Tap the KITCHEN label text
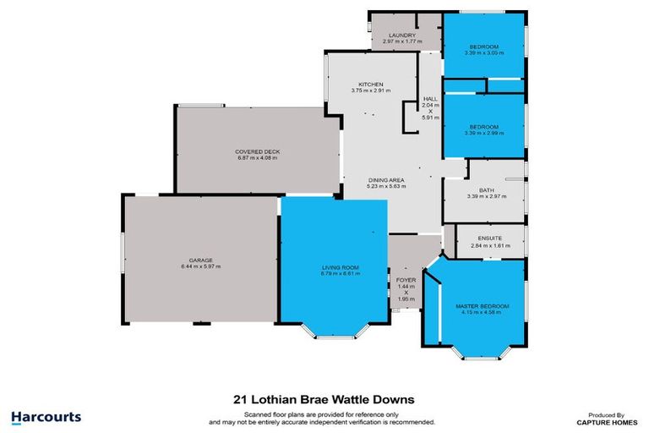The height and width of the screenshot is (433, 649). (371, 85)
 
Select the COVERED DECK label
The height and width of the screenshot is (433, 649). (257, 151)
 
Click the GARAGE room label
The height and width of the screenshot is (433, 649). (200, 260)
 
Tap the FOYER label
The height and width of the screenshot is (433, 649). (405, 279)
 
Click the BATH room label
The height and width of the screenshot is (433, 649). (485, 190)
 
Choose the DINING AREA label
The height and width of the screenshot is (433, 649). (386, 179)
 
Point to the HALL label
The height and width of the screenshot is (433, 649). (429, 99)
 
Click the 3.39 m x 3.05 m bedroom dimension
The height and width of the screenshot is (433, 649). (484, 52)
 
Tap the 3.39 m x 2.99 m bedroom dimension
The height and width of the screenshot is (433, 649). (484, 132)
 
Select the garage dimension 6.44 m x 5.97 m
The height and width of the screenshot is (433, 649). (200, 266)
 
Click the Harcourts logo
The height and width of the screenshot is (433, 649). (46, 416)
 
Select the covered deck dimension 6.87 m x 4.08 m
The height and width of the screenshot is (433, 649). (257, 158)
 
